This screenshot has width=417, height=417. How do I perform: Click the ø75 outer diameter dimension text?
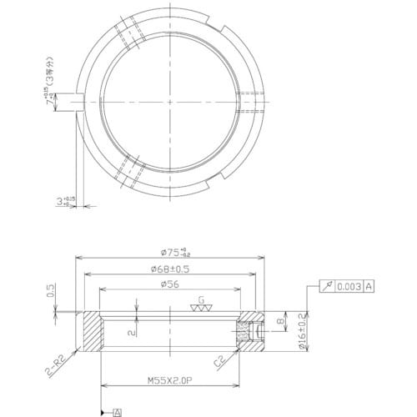pyautogui.click(x=173, y=254)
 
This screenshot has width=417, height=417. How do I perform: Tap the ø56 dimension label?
pyautogui.click(x=173, y=284)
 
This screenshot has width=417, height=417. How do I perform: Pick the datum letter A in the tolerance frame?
pyautogui.click(x=369, y=286)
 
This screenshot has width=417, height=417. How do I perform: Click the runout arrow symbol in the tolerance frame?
pyautogui.click(x=326, y=286)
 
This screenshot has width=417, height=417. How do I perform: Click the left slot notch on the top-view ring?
pyautogui.click(x=81, y=103)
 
